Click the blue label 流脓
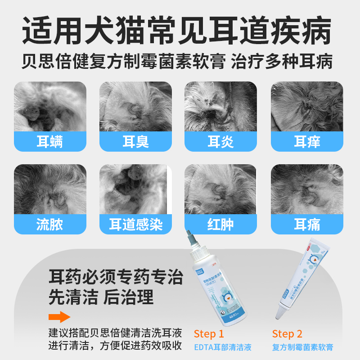click(49, 225)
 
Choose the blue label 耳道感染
click(135, 225)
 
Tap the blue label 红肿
click(220, 225)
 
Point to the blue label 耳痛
click(307, 225)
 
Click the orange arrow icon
click(59, 317)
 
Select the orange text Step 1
click(209, 334)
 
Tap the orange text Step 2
click(287, 334)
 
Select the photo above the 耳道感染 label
click(135, 189)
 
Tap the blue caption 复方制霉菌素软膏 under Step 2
click(303, 347)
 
